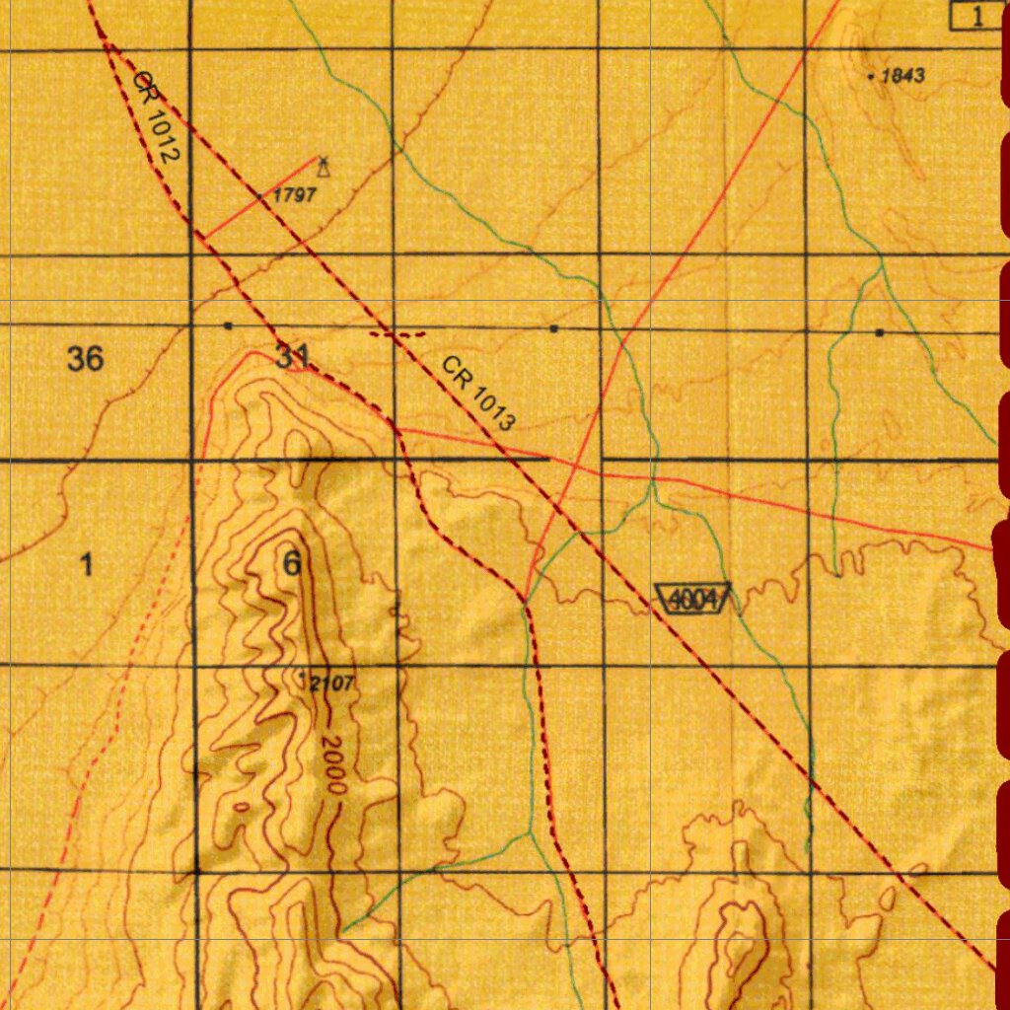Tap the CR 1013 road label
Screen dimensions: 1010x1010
(478, 394)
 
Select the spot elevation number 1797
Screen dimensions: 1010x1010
(295, 195)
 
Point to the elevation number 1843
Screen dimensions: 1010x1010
(902, 76)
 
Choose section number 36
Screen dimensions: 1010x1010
(86, 359)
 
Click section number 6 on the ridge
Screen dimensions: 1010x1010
(292, 565)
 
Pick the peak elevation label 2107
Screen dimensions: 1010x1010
(332, 683)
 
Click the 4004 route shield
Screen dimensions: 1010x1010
(693, 599)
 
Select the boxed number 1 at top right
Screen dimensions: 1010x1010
(976, 16)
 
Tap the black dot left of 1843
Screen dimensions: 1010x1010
(871, 76)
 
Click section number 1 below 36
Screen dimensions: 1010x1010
(87, 565)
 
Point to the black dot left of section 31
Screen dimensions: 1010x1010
(229, 325)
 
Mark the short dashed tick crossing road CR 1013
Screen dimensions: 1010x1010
(397, 335)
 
